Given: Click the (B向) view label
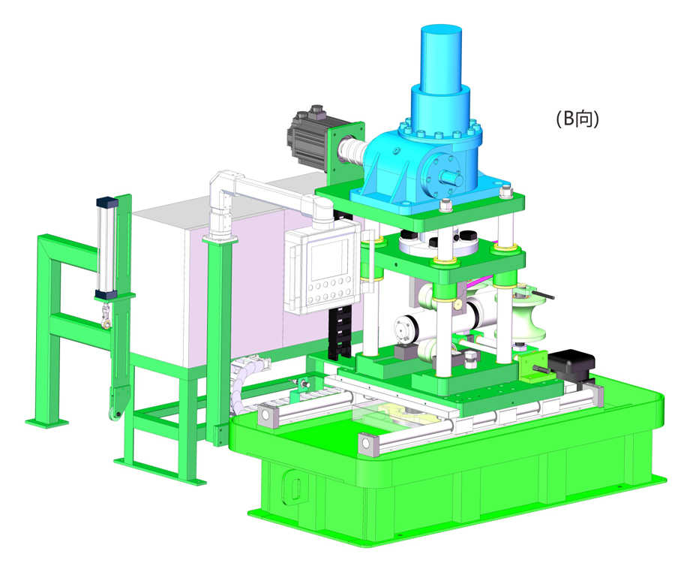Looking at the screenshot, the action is click(x=577, y=119).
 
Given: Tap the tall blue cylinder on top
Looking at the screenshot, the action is click(x=441, y=59).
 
